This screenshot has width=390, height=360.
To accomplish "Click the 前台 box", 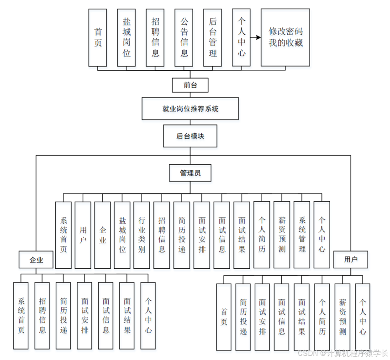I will [190, 85].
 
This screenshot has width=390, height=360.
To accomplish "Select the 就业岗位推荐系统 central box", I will [190, 109].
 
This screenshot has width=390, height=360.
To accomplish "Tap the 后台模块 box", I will [190, 136].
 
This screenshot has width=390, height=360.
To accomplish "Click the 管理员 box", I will [190, 173].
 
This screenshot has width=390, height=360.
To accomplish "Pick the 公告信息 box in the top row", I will [184, 37].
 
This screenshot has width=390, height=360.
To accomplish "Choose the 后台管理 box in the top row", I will [212, 37].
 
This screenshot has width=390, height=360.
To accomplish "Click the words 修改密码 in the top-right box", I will [285, 32].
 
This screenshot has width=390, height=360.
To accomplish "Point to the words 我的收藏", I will [285, 44].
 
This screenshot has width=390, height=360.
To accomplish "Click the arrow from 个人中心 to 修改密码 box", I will [255, 37].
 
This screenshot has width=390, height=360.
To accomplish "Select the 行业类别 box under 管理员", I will [142, 235].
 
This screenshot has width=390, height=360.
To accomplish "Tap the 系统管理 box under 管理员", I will [302, 235].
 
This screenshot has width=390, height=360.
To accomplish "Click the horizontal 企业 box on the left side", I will [36, 260].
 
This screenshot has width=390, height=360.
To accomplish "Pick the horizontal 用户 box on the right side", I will [351, 260].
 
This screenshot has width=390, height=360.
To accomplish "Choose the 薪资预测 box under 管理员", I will [281, 235].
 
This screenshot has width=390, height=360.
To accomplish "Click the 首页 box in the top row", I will [98, 37].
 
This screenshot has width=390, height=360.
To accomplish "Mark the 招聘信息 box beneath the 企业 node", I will [42, 315].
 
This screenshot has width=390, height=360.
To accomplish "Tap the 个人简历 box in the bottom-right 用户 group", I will [322, 316].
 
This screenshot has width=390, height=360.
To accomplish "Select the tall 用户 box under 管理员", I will [83, 235].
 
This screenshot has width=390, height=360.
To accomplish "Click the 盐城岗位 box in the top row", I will [126, 37].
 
